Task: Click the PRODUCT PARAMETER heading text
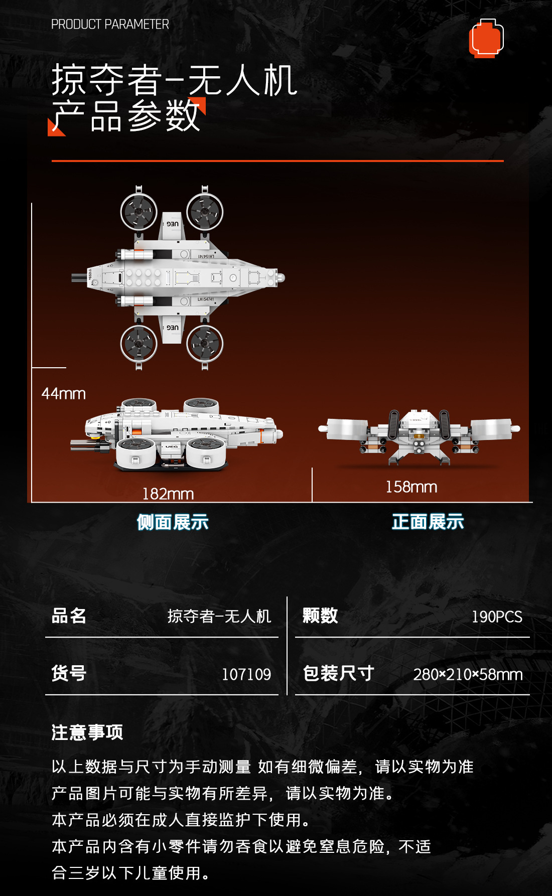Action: click(110, 24)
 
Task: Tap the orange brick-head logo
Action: click(486, 39)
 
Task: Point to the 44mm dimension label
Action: click(64, 394)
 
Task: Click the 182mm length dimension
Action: click(168, 494)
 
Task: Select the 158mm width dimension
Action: click(411, 487)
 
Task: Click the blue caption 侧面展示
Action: click(173, 522)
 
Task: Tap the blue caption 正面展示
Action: click(428, 522)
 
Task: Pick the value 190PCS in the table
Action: click(497, 617)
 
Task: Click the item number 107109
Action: click(246, 674)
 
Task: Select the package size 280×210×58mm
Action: click(468, 674)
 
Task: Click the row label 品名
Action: click(69, 616)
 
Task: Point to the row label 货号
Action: click(69, 673)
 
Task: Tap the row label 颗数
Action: click(320, 616)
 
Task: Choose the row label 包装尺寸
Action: click(339, 673)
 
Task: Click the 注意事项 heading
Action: click(87, 732)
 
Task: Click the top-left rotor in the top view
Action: click(139, 212)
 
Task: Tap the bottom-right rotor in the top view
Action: click(205, 344)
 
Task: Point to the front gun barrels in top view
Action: click(79, 278)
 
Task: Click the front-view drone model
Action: click(419, 435)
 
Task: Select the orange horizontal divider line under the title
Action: click(278, 161)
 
